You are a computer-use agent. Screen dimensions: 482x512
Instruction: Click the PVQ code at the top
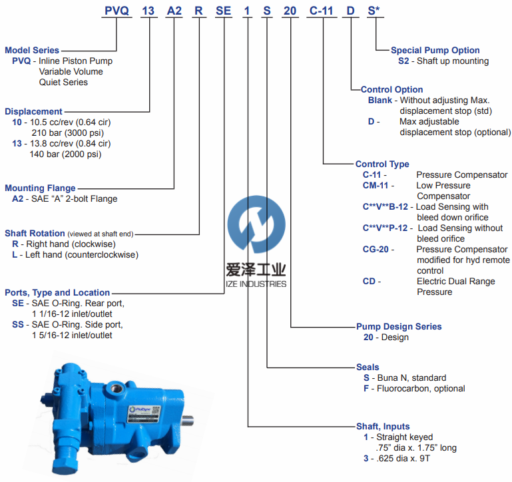point(117,10)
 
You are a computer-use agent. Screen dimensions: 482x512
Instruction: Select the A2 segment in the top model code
point(173,10)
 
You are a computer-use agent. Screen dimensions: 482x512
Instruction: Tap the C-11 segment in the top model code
point(324,10)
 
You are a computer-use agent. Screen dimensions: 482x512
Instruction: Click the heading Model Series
point(32,51)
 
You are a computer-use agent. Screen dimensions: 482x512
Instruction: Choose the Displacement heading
point(33,112)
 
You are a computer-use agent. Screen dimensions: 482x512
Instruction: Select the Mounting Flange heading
point(40,188)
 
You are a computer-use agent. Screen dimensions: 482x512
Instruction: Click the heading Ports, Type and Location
point(57,292)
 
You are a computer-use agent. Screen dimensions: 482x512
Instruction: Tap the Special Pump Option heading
point(435,51)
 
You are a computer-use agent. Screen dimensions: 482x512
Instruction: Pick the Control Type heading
point(382,164)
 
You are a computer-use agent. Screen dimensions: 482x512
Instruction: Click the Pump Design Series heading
point(399,327)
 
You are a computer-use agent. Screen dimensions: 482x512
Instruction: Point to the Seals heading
point(368,367)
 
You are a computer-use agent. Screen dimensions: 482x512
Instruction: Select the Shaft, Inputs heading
point(383,427)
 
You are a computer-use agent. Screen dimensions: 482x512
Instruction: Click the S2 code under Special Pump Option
point(403,61)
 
